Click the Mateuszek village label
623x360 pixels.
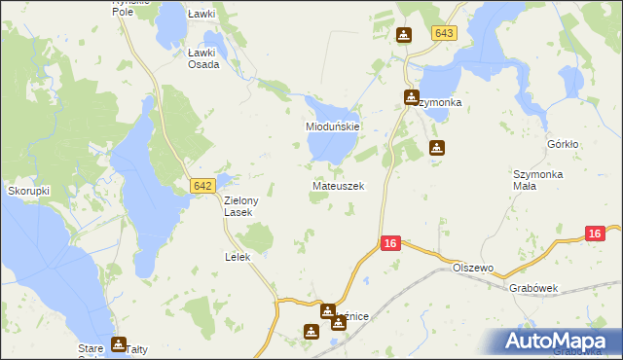coord(338,185)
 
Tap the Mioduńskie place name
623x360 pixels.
coord(334,127)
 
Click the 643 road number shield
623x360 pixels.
coord(444,33)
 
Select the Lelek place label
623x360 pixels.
coord(238,257)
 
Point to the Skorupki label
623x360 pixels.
coord(29,191)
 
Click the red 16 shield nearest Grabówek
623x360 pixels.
coord(596,234)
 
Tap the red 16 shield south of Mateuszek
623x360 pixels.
coord(388,243)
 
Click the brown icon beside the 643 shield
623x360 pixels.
coord(404,36)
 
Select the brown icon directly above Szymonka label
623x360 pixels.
coord(412,97)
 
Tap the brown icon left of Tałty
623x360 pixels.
coord(118,343)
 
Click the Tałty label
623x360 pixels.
coord(138,348)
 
